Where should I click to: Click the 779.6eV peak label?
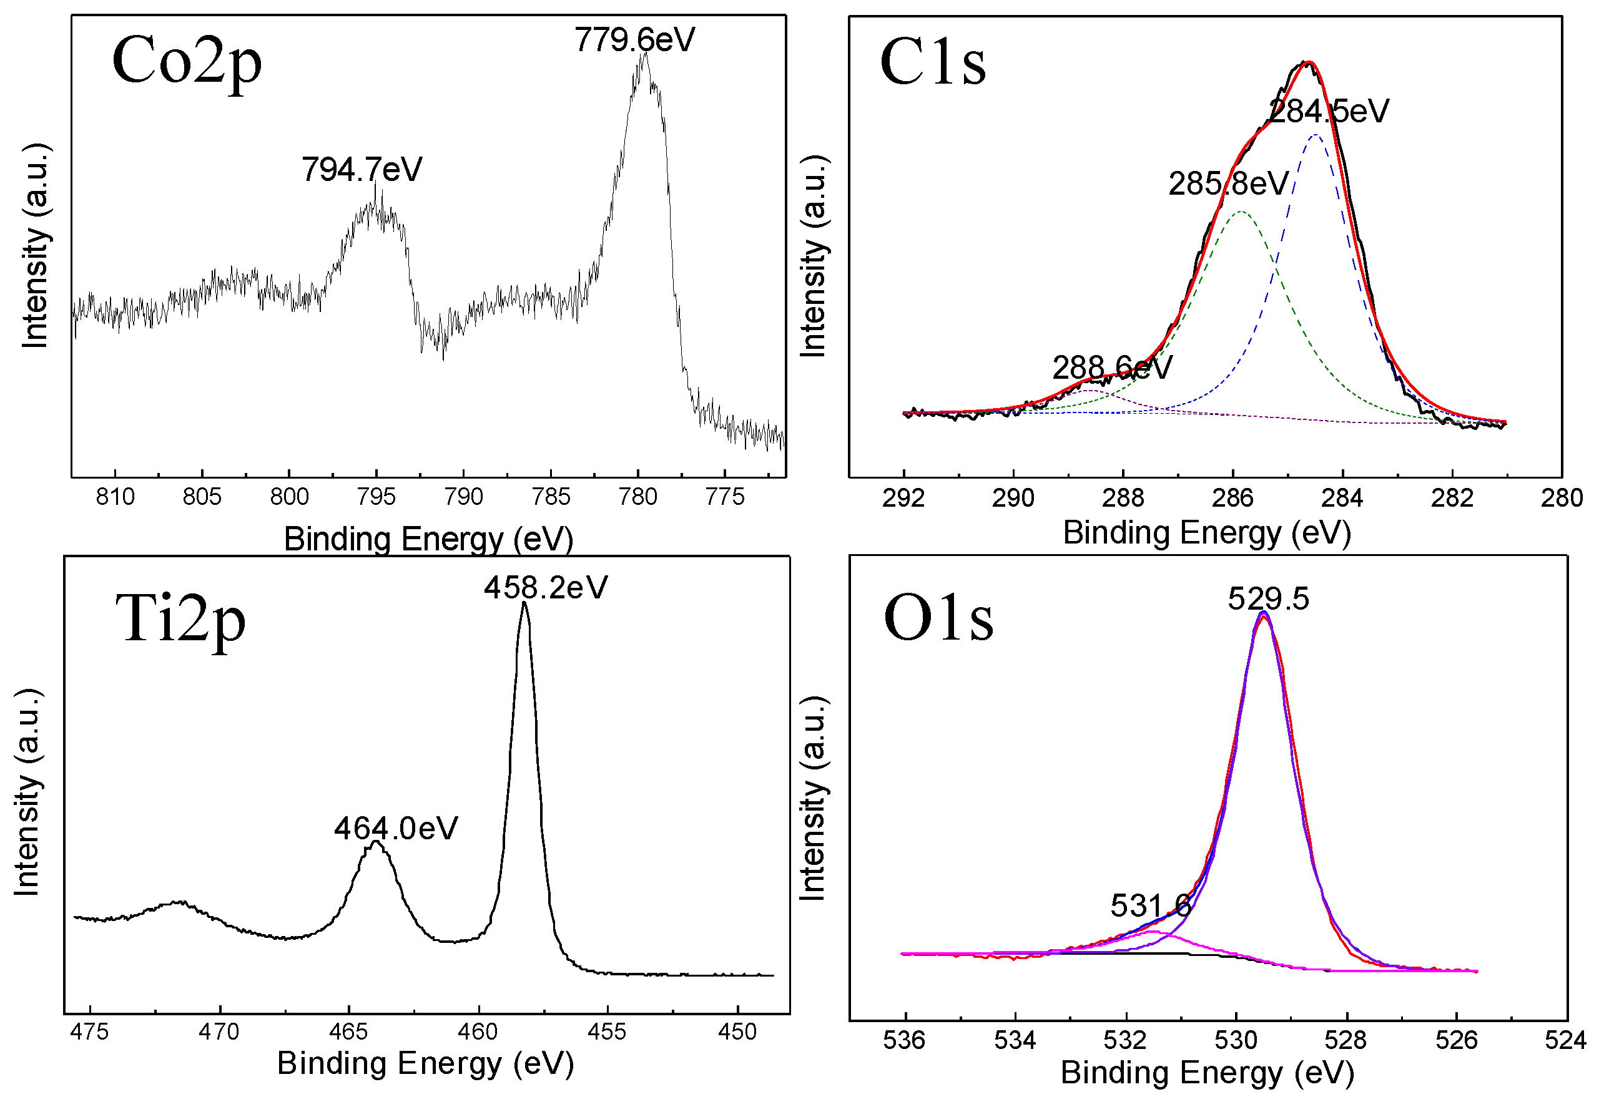point(634,40)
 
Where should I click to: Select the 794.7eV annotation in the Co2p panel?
point(362,170)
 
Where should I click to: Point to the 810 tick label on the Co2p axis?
point(116,497)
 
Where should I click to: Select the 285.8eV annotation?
point(1228,185)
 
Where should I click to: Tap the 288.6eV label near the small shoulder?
point(1112,368)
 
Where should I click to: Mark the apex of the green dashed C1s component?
point(1241,212)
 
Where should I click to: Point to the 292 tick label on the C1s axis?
point(903,499)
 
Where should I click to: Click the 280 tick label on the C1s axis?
point(1562,499)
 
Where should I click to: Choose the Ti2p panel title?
point(181,620)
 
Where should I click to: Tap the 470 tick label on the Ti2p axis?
point(219,1032)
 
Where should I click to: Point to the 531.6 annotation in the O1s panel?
point(1151,906)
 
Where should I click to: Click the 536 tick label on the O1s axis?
point(903,1040)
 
